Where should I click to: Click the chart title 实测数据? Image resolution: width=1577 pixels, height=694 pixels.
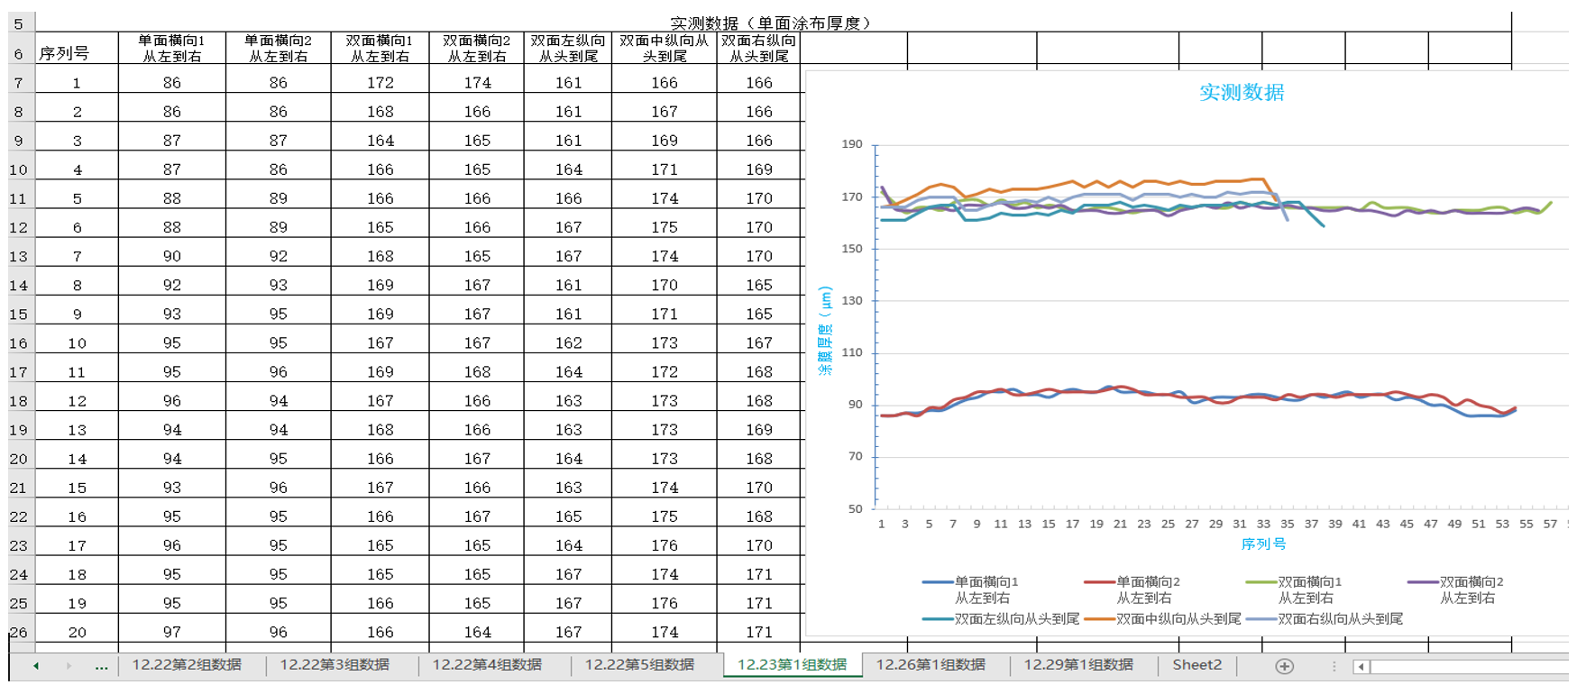click(x=1242, y=92)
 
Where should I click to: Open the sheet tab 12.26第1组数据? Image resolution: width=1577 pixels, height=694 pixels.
click(x=931, y=664)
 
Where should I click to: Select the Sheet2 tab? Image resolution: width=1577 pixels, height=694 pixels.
click(x=1197, y=664)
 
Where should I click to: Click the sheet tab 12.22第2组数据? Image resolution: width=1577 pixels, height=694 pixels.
click(x=187, y=664)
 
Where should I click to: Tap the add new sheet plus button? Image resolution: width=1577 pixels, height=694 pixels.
click(x=1284, y=666)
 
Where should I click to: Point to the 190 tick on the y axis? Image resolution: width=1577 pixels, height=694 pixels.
click(x=852, y=144)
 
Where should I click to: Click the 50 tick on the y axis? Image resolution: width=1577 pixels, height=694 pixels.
click(x=855, y=508)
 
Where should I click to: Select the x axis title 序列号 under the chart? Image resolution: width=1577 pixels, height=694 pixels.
click(x=1263, y=543)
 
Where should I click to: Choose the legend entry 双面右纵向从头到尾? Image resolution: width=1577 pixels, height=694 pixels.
click(x=1340, y=618)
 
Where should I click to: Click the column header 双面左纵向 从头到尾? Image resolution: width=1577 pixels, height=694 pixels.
click(x=568, y=48)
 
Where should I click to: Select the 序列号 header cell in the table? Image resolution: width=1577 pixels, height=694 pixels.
click(x=64, y=53)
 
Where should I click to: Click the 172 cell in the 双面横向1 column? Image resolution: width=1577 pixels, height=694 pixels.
click(x=380, y=83)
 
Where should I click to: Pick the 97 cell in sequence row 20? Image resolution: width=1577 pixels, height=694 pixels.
click(x=171, y=632)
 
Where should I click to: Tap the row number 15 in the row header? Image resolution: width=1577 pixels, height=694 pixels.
click(x=18, y=314)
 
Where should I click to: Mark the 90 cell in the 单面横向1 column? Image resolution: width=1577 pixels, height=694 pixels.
click(x=171, y=256)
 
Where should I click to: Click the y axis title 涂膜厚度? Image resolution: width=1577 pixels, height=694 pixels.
click(x=824, y=331)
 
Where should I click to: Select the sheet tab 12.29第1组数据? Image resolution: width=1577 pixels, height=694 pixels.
click(x=1077, y=664)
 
